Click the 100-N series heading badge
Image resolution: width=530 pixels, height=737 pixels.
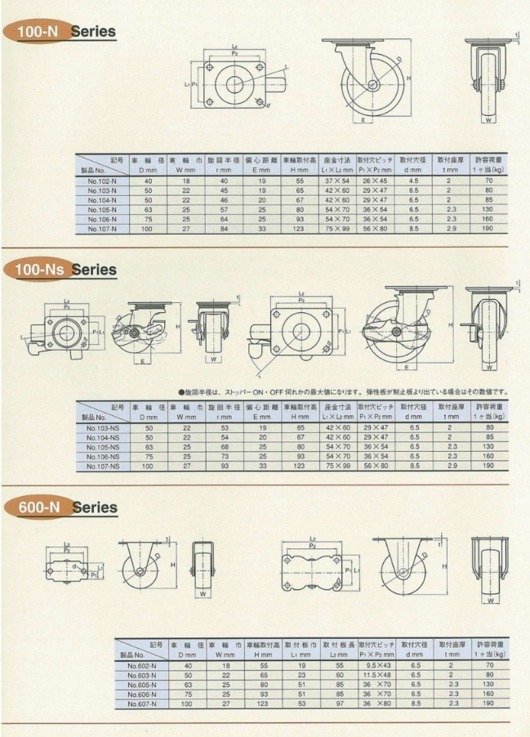click(61, 32)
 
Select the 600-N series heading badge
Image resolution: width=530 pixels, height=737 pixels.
click(61, 507)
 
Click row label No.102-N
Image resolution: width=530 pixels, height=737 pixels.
click(103, 180)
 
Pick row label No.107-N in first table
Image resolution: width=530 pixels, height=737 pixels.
click(103, 230)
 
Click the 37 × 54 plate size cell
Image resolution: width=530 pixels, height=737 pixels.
click(336, 180)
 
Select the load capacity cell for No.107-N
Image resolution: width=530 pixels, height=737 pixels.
click(488, 230)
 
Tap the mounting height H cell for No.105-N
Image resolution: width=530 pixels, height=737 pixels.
click(300, 209)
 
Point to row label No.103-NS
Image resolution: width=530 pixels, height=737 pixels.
click(103, 427)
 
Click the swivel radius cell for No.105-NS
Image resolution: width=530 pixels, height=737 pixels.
click(222, 446)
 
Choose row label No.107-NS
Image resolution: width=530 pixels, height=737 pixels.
click(103, 466)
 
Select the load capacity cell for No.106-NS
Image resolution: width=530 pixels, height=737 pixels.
click(488, 456)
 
